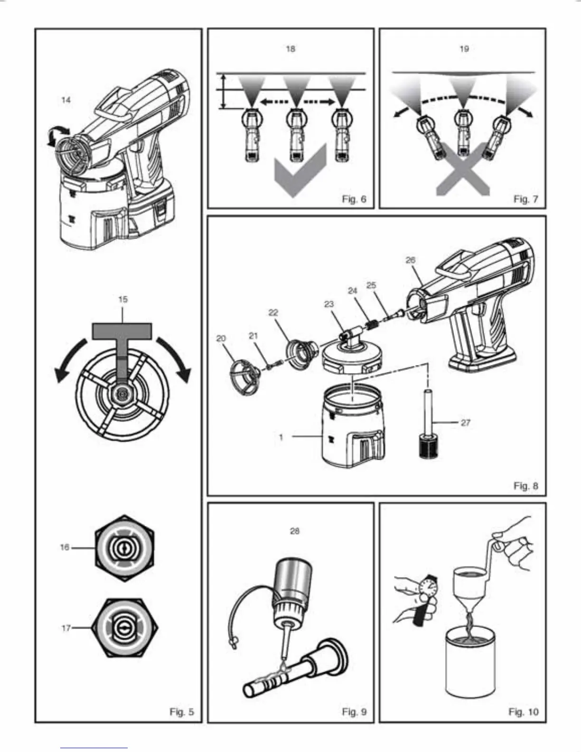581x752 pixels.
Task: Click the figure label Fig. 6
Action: [x=354, y=199]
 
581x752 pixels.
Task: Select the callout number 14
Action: [x=66, y=100]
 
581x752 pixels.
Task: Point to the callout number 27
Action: [x=466, y=423]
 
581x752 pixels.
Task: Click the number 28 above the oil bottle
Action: [x=294, y=531]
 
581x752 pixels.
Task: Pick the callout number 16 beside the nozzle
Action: [x=65, y=547]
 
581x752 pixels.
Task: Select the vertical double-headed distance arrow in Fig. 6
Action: [x=224, y=91]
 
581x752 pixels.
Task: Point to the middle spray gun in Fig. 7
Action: [x=462, y=133]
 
